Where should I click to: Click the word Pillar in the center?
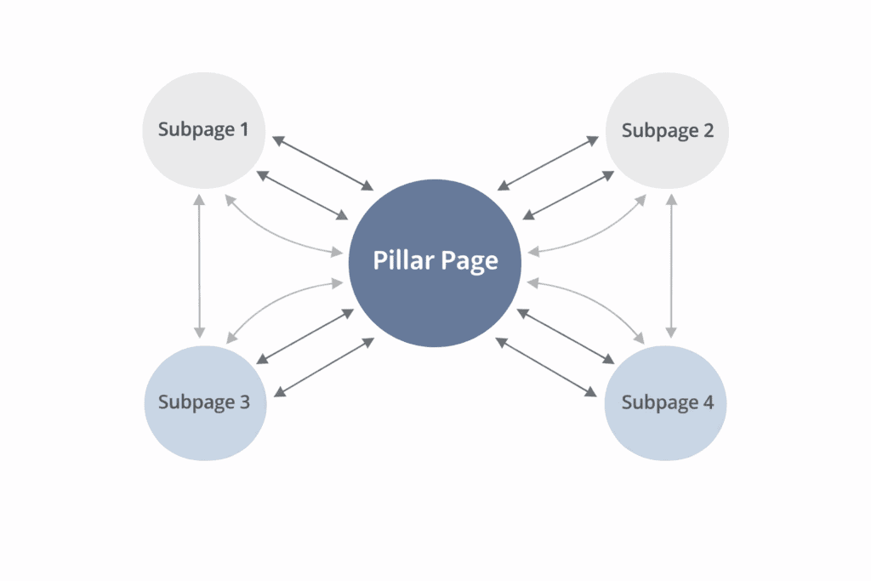coord(401,260)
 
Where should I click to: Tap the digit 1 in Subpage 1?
coord(244,130)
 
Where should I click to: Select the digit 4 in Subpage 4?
coord(708,402)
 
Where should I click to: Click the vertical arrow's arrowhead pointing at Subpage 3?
coord(199,331)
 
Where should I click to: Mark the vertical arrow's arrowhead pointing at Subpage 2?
coord(671,200)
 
